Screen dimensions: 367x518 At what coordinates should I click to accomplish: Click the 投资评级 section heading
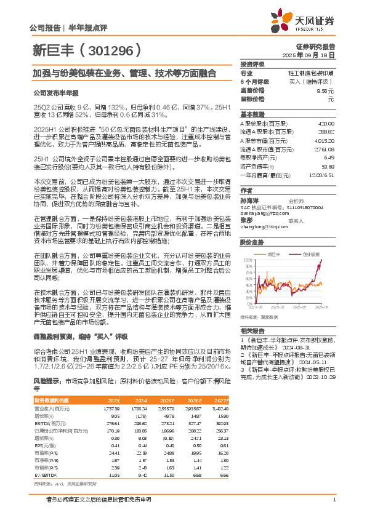click(x=252, y=63)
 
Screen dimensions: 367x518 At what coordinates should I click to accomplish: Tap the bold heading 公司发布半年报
click(x=56, y=93)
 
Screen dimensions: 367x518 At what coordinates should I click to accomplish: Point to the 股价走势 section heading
click(x=252, y=243)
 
